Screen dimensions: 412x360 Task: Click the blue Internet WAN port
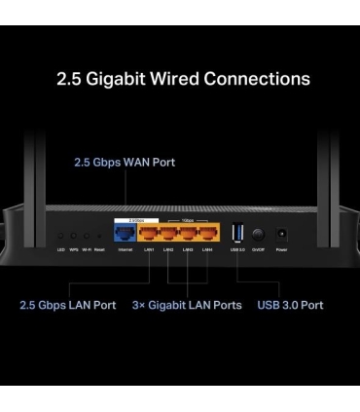pyautogui.click(x=126, y=234)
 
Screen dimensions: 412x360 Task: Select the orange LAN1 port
pyautogui.click(x=149, y=234)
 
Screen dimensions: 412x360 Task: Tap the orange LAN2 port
pyautogui.click(x=168, y=234)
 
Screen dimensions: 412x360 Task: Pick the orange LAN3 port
pyautogui.click(x=188, y=234)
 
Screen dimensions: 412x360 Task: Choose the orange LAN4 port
pyautogui.click(x=207, y=234)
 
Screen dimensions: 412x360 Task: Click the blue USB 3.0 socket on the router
pyautogui.click(x=238, y=234)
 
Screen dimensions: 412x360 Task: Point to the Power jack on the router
pyautogui.click(x=282, y=235)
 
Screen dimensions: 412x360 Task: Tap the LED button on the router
pyautogui.click(x=60, y=236)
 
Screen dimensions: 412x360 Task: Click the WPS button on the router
pyautogui.click(x=74, y=236)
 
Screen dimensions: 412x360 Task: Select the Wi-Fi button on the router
pyautogui.click(x=87, y=236)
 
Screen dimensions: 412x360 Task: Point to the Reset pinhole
pyautogui.click(x=99, y=236)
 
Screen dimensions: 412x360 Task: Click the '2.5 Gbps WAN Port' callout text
pyautogui.click(x=125, y=162)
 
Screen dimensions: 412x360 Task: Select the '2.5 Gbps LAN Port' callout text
pyautogui.click(x=67, y=305)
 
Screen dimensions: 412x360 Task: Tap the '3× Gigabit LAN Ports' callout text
pyautogui.click(x=187, y=305)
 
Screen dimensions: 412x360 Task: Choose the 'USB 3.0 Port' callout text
pyautogui.click(x=290, y=305)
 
